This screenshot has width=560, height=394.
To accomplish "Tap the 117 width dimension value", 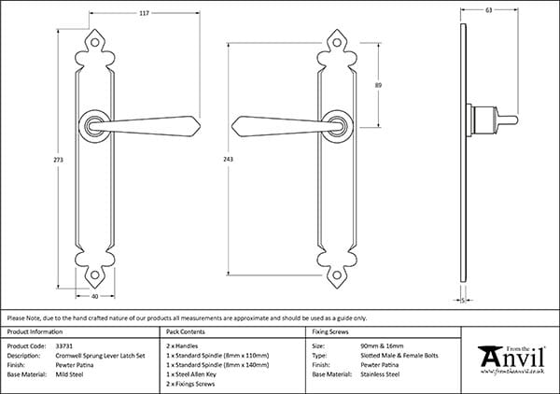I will (119, 13).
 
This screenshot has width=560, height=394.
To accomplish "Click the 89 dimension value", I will (378, 85).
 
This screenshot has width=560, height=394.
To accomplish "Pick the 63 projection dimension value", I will (489, 11).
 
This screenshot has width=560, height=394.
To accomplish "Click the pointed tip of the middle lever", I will (234, 124).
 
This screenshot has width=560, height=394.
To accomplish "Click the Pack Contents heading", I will (186, 331).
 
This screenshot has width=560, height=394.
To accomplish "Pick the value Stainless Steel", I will (381, 374).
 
